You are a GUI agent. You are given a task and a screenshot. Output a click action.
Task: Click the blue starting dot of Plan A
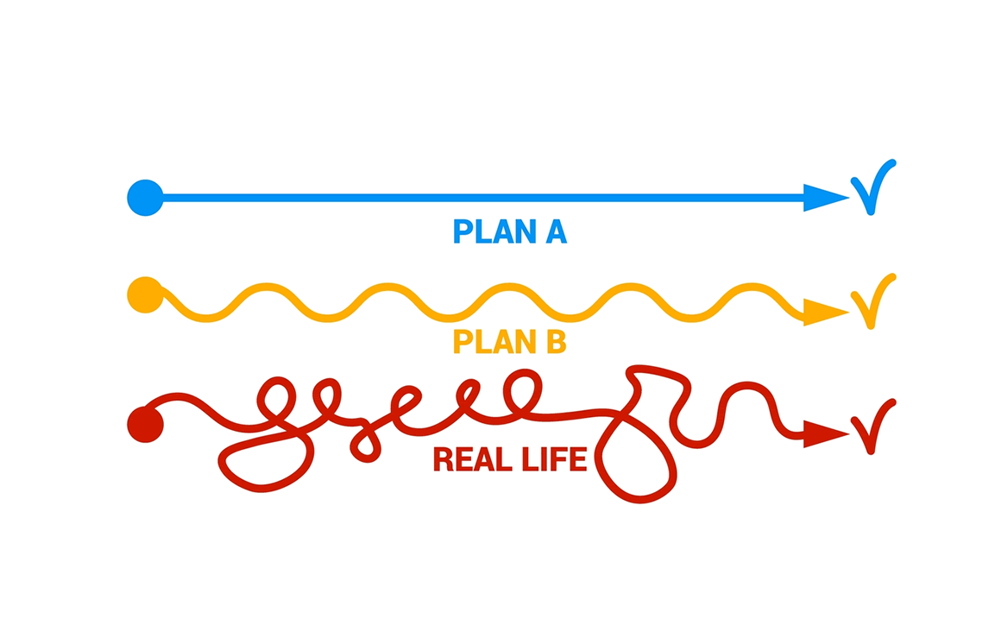145,198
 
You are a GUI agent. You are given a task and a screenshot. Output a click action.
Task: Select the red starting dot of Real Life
145,424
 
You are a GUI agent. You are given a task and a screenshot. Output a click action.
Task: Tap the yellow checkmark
872,301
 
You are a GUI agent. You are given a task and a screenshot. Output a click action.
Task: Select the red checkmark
872,425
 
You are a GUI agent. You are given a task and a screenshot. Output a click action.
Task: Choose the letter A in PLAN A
555,231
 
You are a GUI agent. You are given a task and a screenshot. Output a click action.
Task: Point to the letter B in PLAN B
555,342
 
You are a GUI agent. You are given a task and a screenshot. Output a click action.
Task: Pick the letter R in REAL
443,459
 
